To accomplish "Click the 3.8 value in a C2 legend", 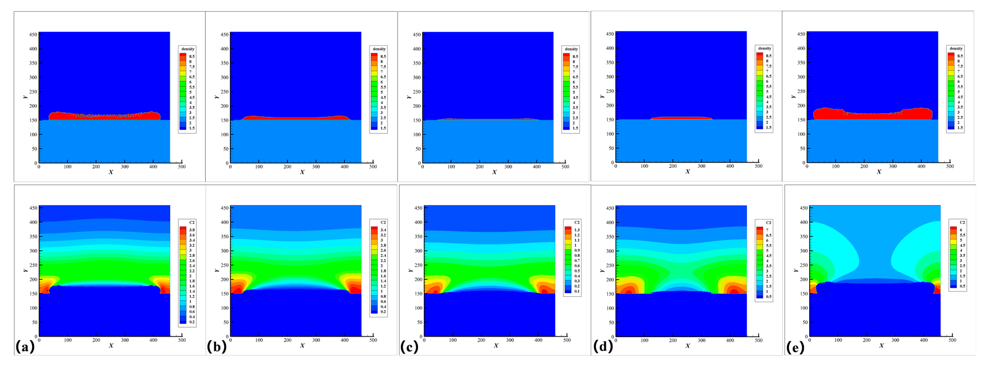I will [x=192, y=230].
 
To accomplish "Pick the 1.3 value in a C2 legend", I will [x=577, y=230].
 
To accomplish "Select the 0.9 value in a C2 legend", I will [x=577, y=250].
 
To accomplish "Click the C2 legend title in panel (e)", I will [x=962, y=222].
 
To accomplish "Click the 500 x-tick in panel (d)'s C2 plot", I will [x=758, y=340].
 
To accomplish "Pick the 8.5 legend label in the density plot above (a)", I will [x=192, y=56].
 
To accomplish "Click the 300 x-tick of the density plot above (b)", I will [x=316, y=167].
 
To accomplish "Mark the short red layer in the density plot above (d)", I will [x=681, y=118].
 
